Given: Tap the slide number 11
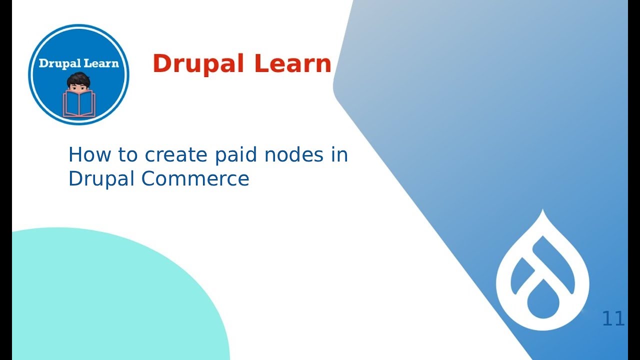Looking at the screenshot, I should [x=613, y=318].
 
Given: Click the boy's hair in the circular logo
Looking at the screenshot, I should [x=78, y=79].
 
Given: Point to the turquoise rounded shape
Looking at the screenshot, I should [x=100, y=300].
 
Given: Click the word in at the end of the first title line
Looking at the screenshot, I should [x=339, y=155].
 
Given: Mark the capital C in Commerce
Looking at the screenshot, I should [x=149, y=178].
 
